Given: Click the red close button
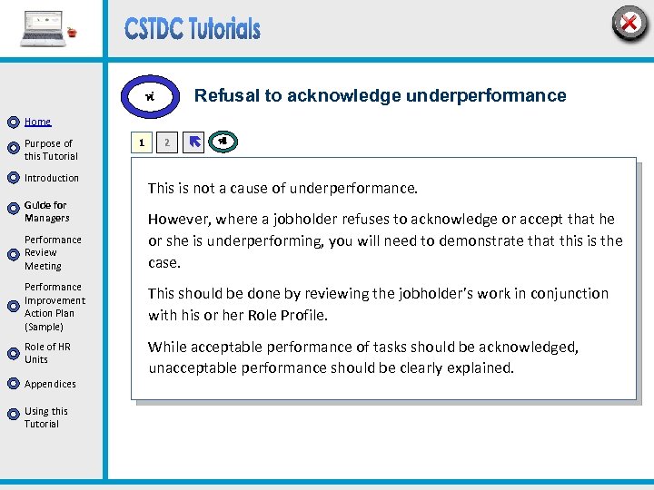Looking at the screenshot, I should pyautogui.click(x=629, y=24).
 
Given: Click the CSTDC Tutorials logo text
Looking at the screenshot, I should pyautogui.click(x=193, y=29).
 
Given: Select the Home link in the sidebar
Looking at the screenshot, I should pyautogui.click(x=37, y=122).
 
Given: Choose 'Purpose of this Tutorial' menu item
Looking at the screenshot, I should pyautogui.click(x=50, y=150).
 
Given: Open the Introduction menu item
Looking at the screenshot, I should pyautogui.click(x=52, y=178).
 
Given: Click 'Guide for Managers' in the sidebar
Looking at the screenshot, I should pyautogui.click(x=46, y=211).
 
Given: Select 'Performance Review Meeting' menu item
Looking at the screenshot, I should pyautogui.click(x=53, y=253).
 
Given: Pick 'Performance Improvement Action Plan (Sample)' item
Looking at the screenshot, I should pyautogui.click(x=54, y=307).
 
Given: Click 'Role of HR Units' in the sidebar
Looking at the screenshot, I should pyautogui.click(x=47, y=353).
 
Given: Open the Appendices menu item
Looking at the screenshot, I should pyautogui.click(x=50, y=384).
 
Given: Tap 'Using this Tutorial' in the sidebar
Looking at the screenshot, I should pyautogui.click(x=45, y=417).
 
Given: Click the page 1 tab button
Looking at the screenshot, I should pyautogui.click(x=140, y=142).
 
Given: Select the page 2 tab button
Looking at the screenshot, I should pyautogui.click(x=166, y=142).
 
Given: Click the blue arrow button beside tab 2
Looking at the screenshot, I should pyautogui.click(x=193, y=142).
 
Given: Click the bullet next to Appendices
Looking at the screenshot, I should pyautogui.click(x=13, y=384).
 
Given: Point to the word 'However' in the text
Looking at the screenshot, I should pyautogui.click(x=177, y=219).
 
